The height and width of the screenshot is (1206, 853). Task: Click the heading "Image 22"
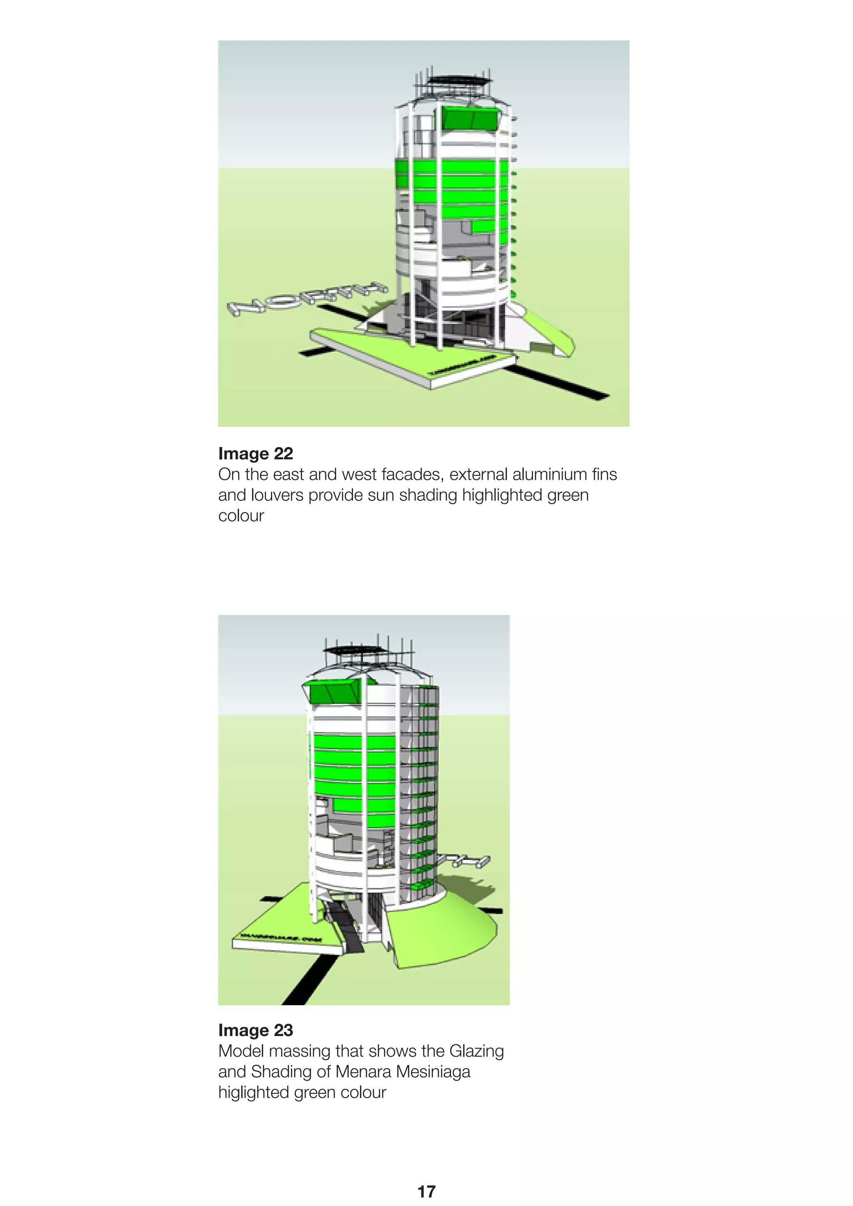[255, 453]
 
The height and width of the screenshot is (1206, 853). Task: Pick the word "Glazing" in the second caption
[476, 1051]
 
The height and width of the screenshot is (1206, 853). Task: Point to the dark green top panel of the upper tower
[469, 118]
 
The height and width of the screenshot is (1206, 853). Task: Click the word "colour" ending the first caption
[241, 516]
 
